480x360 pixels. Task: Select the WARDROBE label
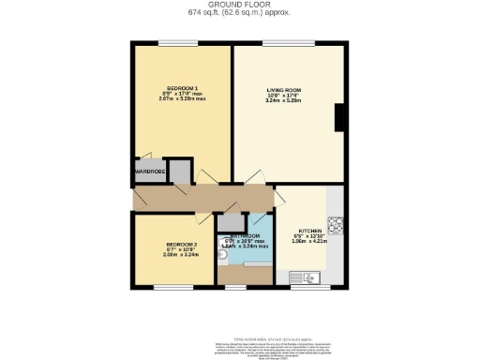click(149, 172)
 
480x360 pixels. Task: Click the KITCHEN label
click(310, 231)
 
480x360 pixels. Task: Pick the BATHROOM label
click(243, 235)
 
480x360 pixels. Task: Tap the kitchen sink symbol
click(306, 276)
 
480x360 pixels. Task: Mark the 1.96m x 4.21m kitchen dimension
click(310, 242)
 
